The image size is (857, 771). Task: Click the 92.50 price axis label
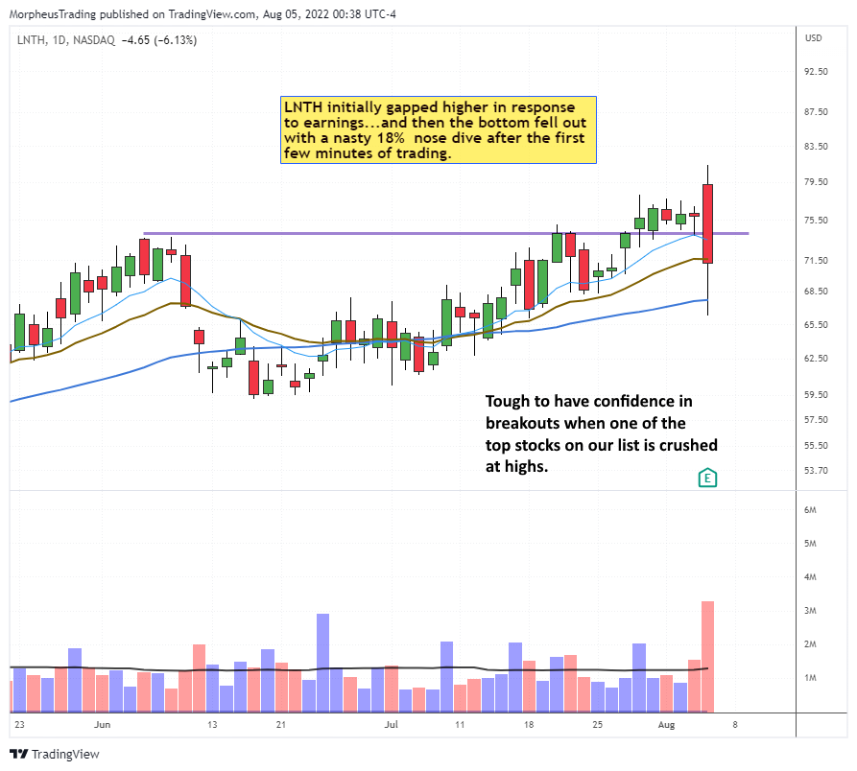pos(817,72)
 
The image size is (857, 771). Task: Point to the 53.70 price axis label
pos(817,470)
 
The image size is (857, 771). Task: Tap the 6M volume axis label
pos(812,510)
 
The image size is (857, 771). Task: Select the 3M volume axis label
pos(812,611)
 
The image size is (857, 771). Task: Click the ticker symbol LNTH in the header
pos(30,38)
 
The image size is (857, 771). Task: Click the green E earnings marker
pos(706,477)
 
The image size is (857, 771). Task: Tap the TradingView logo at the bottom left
pos(54,754)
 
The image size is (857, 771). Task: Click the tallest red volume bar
pos(707,656)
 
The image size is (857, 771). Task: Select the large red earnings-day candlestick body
pos(707,223)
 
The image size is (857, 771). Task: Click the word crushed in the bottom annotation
pos(683,445)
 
